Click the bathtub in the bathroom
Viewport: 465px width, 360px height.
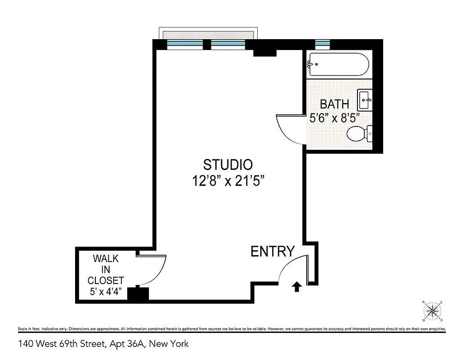(338, 65)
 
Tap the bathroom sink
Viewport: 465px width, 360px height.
(365, 100)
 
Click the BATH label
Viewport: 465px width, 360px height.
(334, 104)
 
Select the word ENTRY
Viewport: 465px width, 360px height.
(273, 252)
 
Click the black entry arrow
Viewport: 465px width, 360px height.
(296, 286)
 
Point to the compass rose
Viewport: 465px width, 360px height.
(433, 310)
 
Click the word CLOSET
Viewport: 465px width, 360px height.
(106, 280)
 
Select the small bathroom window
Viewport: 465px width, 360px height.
(322, 44)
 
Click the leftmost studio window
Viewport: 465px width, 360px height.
(185, 44)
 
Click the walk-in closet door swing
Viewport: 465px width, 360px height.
(153, 270)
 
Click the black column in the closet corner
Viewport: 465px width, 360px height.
(138, 294)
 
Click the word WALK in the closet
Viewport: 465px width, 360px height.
(106, 259)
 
